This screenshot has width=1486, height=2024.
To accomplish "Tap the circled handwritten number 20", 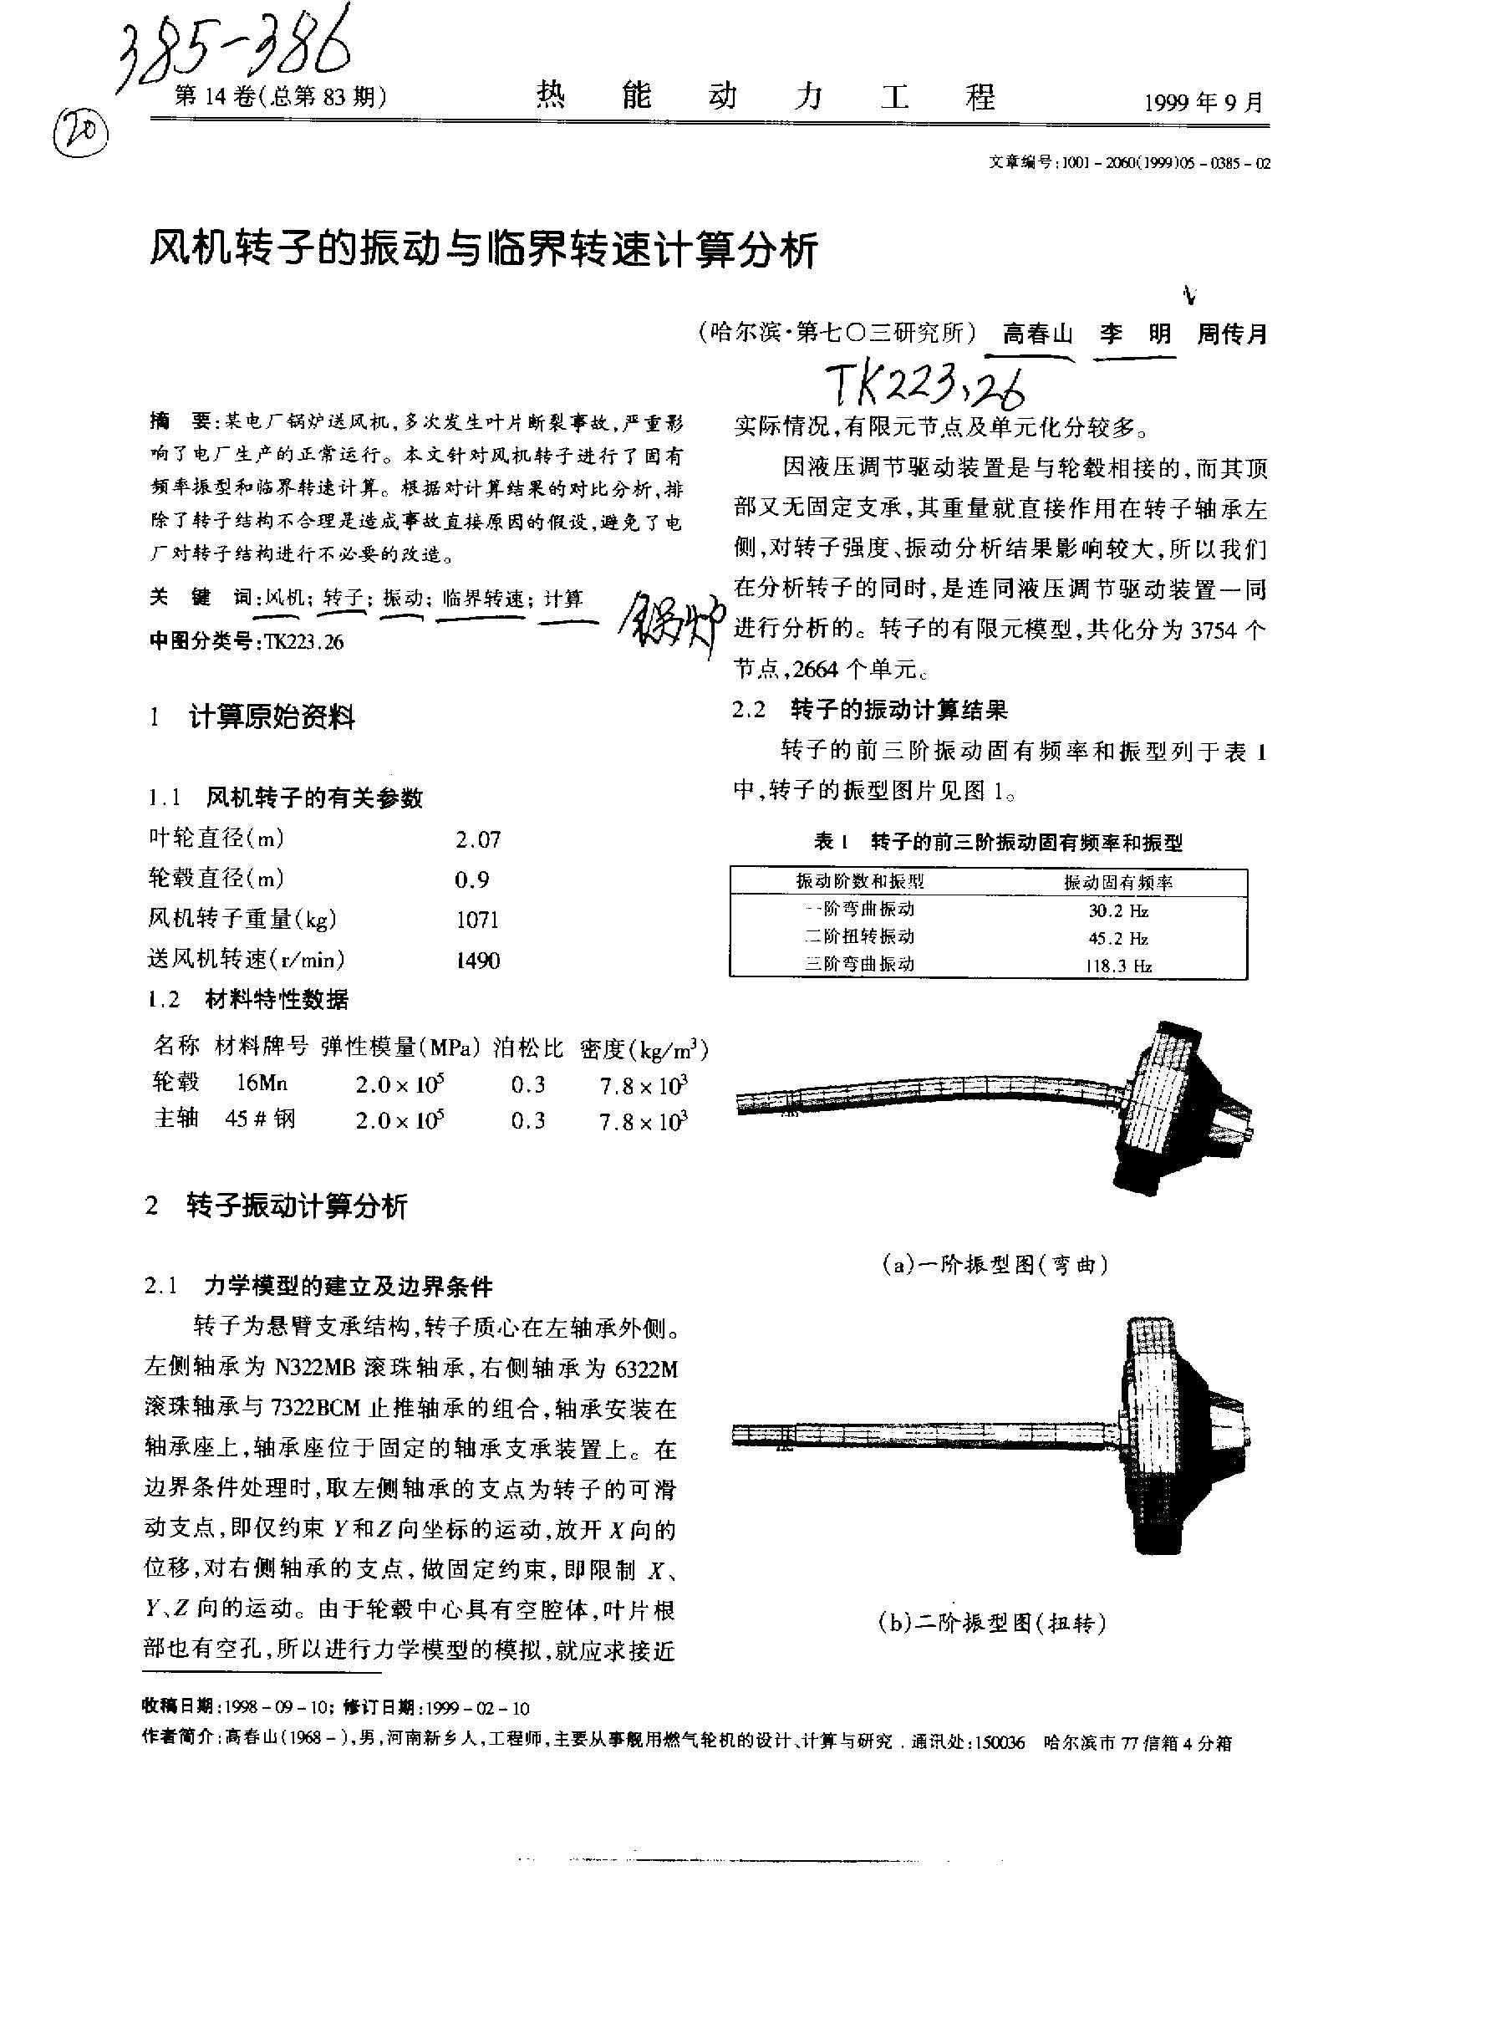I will [x=81, y=133].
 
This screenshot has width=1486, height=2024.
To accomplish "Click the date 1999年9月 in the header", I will [x=1204, y=103].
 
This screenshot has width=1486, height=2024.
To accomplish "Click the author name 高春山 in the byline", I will [x=1038, y=334].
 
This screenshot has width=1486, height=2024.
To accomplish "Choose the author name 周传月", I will [x=1231, y=334].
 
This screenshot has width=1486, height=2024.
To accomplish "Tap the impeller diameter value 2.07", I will [x=478, y=839].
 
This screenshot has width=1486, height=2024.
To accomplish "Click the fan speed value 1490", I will [x=478, y=961].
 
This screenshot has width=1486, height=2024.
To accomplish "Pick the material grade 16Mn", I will [x=261, y=1083].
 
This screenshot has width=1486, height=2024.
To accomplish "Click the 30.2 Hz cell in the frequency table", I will [x=1118, y=910].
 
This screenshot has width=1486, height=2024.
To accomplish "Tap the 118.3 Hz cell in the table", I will [x=1118, y=966].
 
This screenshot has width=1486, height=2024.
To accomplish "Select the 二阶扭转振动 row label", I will [x=859, y=937].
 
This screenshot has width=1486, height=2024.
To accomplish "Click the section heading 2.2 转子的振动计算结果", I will [x=870, y=710].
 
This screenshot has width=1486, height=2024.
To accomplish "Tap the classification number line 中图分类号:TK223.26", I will [x=247, y=641].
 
